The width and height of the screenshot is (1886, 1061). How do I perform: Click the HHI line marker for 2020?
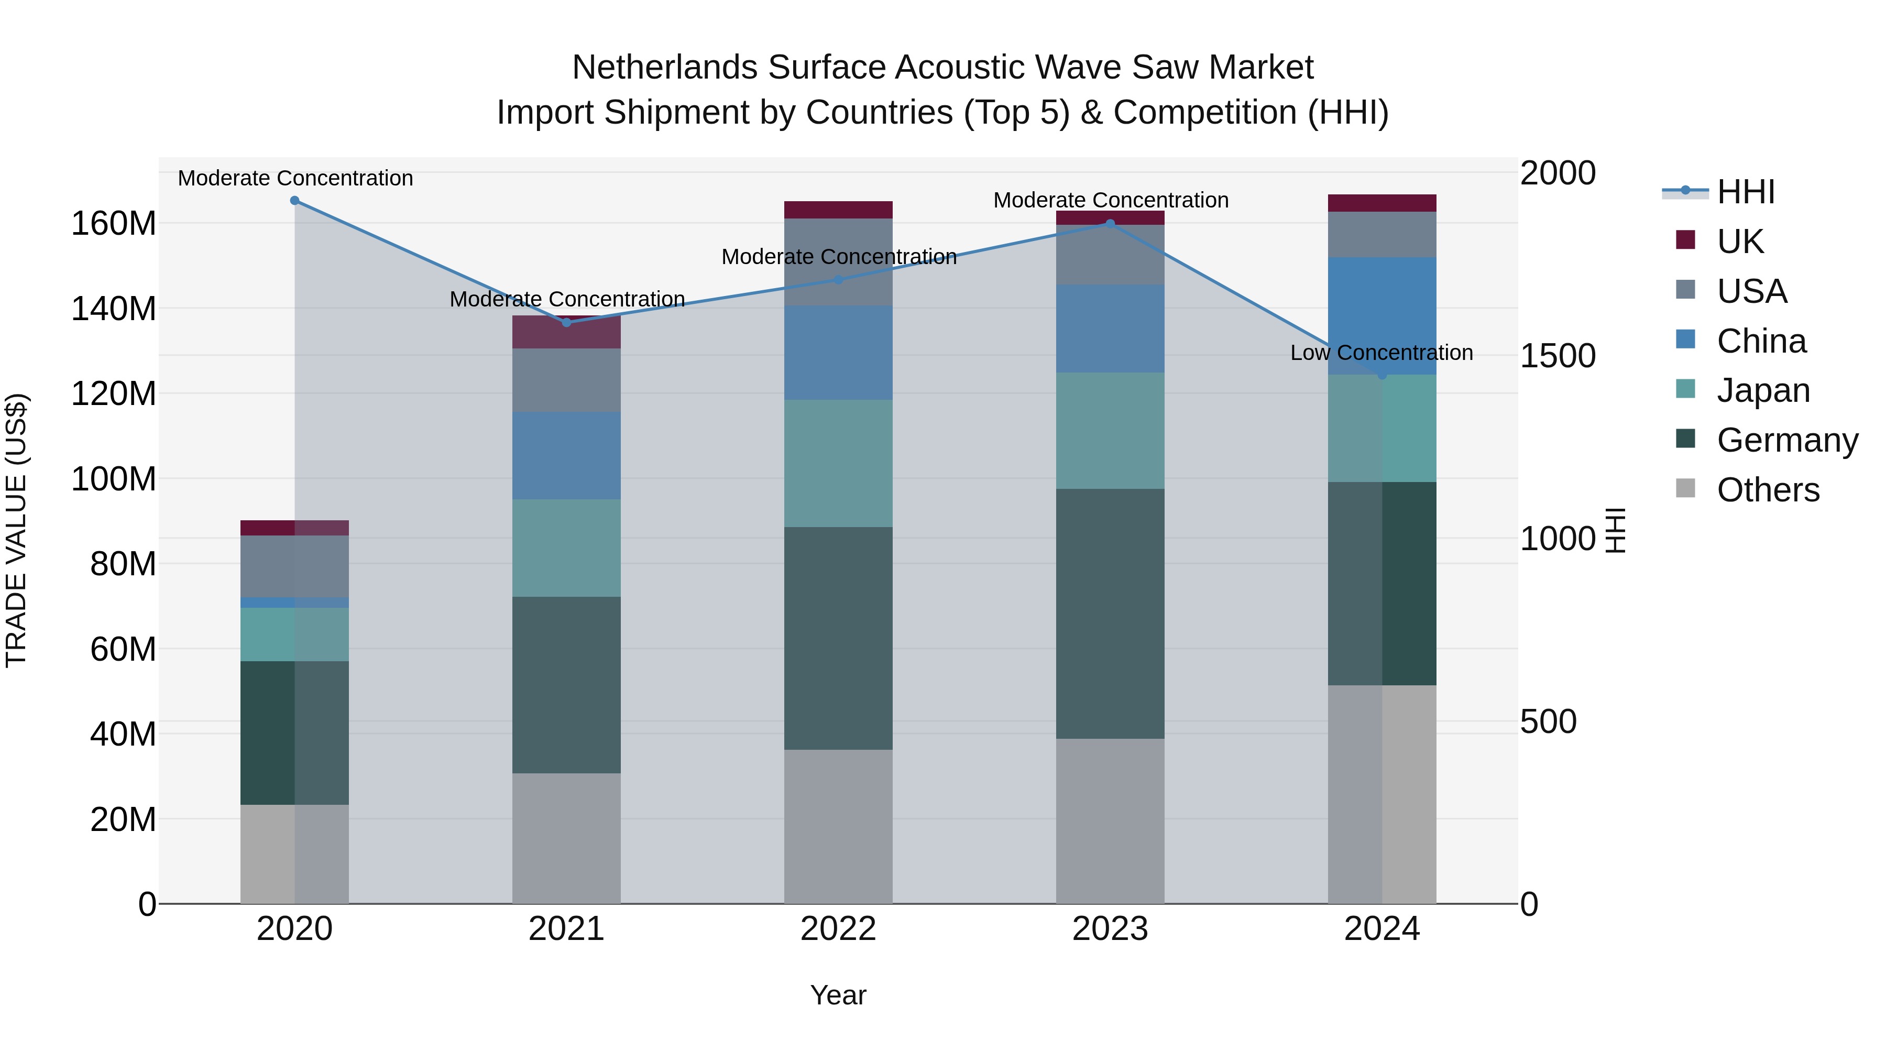294,201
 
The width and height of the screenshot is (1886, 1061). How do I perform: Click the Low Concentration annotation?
1381,353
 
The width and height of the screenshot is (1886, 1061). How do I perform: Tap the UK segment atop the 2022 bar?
838,210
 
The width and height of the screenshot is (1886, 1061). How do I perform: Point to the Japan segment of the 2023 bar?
1110,431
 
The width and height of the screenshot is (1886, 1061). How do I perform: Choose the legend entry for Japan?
1762,390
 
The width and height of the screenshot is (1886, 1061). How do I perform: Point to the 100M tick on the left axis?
114,479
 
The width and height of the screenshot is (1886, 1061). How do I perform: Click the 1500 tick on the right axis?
1558,356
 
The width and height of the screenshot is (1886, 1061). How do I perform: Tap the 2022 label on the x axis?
838,929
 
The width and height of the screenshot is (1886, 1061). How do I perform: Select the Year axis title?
838,995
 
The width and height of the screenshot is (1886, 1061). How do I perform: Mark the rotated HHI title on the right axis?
1615,530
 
